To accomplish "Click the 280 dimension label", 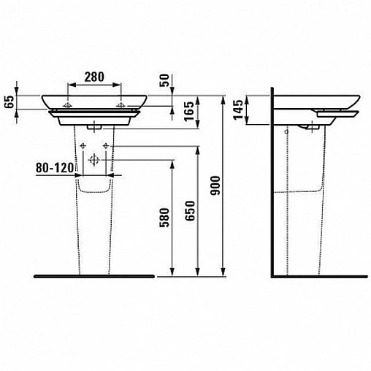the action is [x=94, y=77].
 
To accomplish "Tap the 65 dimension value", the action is [x=9, y=102].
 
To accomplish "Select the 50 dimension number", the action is [x=164, y=80].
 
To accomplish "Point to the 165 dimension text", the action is [x=189, y=111].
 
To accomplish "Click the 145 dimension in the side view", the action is [x=239, y=110].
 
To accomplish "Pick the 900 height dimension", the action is [x=215, y=185].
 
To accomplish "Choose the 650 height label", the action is [x=190, y=211].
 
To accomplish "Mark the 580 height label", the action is [x=164, y=218].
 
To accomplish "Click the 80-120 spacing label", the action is [x=55, y=167].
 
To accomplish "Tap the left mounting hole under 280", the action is [x=67, y=106].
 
